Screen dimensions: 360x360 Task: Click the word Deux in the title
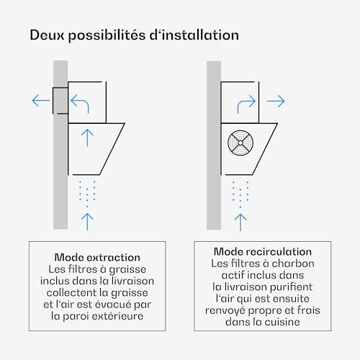[48, 35]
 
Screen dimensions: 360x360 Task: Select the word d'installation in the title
[194, 35]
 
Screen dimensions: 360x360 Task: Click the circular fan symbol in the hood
[240, 143]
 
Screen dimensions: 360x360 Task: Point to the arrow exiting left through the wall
[41, 101]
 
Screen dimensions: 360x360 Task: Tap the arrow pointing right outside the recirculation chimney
[276, 101]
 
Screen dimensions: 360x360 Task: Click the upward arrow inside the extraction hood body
[87, 138]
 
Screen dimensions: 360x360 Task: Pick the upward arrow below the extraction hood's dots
[87, 222]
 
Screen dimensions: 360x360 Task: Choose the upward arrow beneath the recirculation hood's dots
[240, 222]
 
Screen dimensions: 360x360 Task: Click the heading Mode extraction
[97, 258]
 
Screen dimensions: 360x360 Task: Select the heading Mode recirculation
[263, 252]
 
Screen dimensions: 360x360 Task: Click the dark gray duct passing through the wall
[60, 101]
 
